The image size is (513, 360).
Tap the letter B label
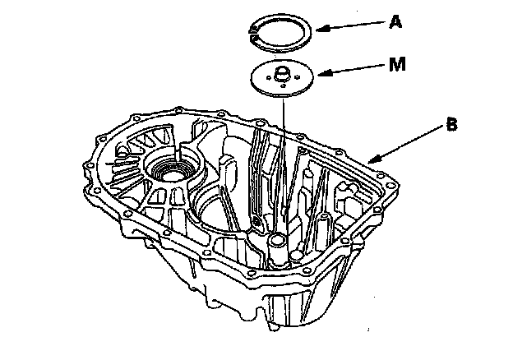(x=451, y=125)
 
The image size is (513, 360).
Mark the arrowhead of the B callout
(x=372, y=160)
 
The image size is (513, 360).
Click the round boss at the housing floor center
(x=277, y=240)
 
